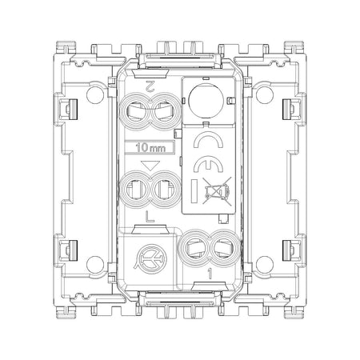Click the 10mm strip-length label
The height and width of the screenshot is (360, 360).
(x=150, y=147)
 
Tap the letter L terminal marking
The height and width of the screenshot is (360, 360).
(x=150, y=217)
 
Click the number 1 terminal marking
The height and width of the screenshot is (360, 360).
(x=210, y=274)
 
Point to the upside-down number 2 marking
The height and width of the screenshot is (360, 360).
(x=150, y=86)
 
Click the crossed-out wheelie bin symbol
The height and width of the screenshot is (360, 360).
(x=217, y=191)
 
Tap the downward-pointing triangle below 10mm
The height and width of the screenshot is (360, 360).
(x=150, y=166)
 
